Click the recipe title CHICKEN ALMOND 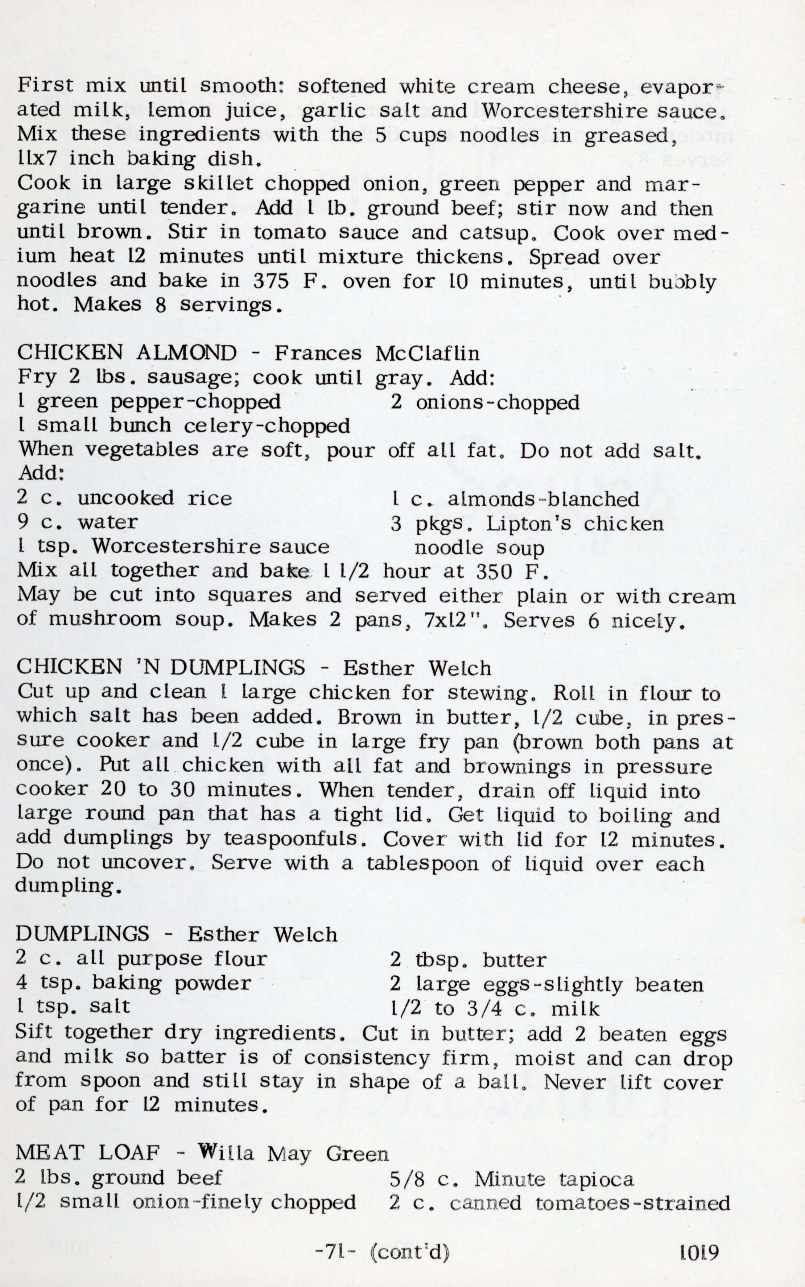127,353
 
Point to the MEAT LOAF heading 87,1153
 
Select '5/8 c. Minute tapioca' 512,1179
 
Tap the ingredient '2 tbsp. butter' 468,959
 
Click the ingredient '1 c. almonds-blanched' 515,499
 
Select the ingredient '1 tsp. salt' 73,1006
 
